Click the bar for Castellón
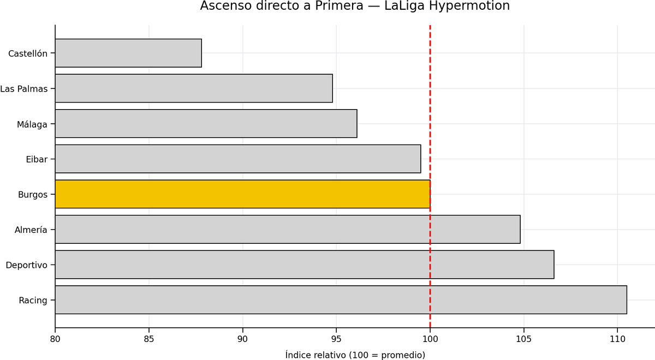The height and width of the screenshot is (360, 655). (128, 53)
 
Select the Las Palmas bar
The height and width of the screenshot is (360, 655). (194, 88)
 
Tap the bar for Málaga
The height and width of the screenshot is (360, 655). (206, 124)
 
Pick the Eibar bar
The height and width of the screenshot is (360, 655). (238, 159)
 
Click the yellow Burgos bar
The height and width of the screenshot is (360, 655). (243, 194)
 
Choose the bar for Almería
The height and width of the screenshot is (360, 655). (288, 230)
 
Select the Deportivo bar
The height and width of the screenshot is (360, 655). (305, 265)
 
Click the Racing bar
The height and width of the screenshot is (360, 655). (341, 300)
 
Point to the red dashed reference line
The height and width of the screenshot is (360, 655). (430, 176)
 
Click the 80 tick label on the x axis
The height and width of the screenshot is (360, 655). (55, 339)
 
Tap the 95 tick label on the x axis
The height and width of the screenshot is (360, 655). (336, 339)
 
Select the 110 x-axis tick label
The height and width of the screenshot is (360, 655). (617, 339)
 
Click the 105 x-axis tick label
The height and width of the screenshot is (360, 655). (523, 339)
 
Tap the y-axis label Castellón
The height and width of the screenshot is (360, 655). (28, 53)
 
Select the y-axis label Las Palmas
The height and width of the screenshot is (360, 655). (23, 89)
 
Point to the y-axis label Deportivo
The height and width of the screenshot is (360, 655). (26, 265)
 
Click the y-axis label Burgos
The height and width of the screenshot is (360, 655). (32, 195)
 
